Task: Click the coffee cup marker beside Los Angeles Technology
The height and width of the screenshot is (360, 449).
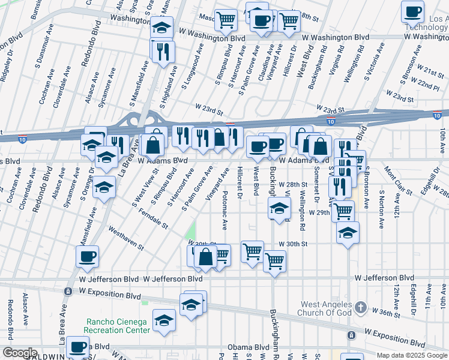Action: (412, 12)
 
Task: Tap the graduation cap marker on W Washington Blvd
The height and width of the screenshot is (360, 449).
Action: (161, 28)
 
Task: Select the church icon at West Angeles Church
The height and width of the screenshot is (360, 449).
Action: (360, 308)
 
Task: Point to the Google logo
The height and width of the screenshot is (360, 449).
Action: (19, 353)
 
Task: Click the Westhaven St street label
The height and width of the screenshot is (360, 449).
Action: (126, 238)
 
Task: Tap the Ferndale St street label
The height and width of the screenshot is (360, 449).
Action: (153, 218)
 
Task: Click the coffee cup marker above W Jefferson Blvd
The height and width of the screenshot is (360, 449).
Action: (87, 257)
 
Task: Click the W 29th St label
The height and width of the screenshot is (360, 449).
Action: (320, 212)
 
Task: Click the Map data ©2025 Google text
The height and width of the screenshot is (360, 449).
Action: (412, 355)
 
